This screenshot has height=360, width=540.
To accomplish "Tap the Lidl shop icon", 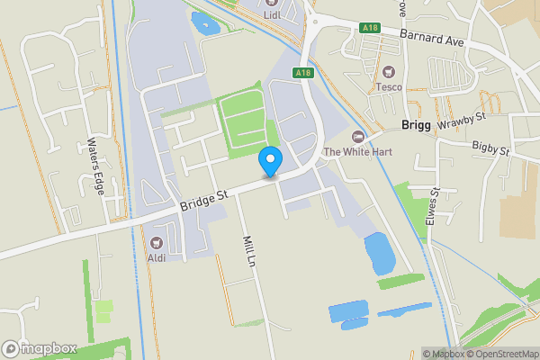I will coord(273,3).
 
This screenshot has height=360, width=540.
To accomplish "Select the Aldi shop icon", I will coord(156,243).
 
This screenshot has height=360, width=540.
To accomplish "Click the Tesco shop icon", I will coord(389,72).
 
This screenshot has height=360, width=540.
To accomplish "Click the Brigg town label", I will coord(417,127).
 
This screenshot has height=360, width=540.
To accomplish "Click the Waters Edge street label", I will coord(94,166).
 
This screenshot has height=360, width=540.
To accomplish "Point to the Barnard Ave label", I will coord(433,40).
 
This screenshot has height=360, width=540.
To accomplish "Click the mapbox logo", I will coord(40,348).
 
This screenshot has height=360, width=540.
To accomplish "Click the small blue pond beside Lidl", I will coord(203,22).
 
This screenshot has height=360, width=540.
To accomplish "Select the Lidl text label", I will coord(273,14).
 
